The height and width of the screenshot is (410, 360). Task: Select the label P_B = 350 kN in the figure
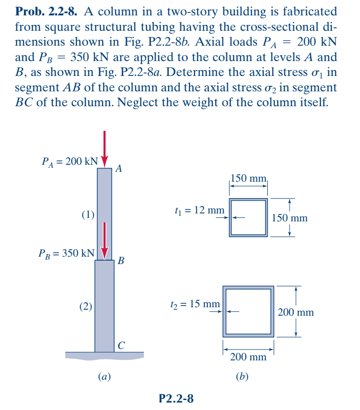click(66, 253)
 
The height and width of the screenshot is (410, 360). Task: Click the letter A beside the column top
click(118, 168)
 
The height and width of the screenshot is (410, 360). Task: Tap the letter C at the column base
click(121, 344)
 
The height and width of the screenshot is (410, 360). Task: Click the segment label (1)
click(88, 215)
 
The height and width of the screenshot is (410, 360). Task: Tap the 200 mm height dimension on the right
click(297, 312)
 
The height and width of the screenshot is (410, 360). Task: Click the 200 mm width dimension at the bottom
click(248, 356)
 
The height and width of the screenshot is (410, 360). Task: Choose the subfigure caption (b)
click(242, 376)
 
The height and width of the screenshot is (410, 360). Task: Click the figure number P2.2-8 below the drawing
click(177, 397)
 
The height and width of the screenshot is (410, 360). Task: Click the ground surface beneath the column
click(104, 355)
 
